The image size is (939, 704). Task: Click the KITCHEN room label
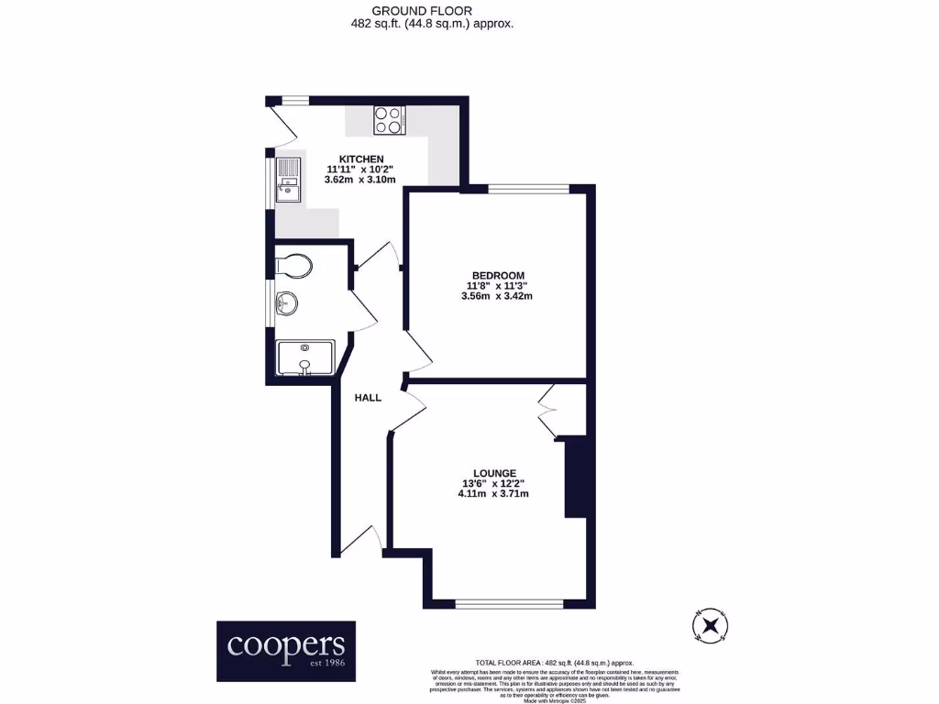click(x=360, y=159)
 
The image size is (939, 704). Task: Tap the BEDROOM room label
click(x=498, y=275)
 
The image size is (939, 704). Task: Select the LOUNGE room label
click(x=494, y=473)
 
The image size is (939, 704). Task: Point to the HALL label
click(x=368, y=398)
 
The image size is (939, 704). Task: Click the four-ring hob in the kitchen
click(x=389, y=119)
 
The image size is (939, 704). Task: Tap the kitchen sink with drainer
click(x=287, y=181)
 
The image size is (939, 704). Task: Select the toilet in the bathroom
click(x=295, y=266)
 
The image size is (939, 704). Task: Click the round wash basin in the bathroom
click(x=290, y=302)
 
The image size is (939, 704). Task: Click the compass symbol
click(x=709, y=625)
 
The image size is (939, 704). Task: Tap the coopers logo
click(x=285, y=651)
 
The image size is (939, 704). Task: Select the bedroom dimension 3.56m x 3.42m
click(x=497, y=296)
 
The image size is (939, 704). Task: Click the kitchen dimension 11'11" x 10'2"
click(x=360, y=170)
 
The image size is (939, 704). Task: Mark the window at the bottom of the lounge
click(x=509, y=603)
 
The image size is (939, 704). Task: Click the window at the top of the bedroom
click(x=528, y=190)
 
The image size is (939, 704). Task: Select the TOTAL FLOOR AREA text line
click(x=554, y=663)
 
